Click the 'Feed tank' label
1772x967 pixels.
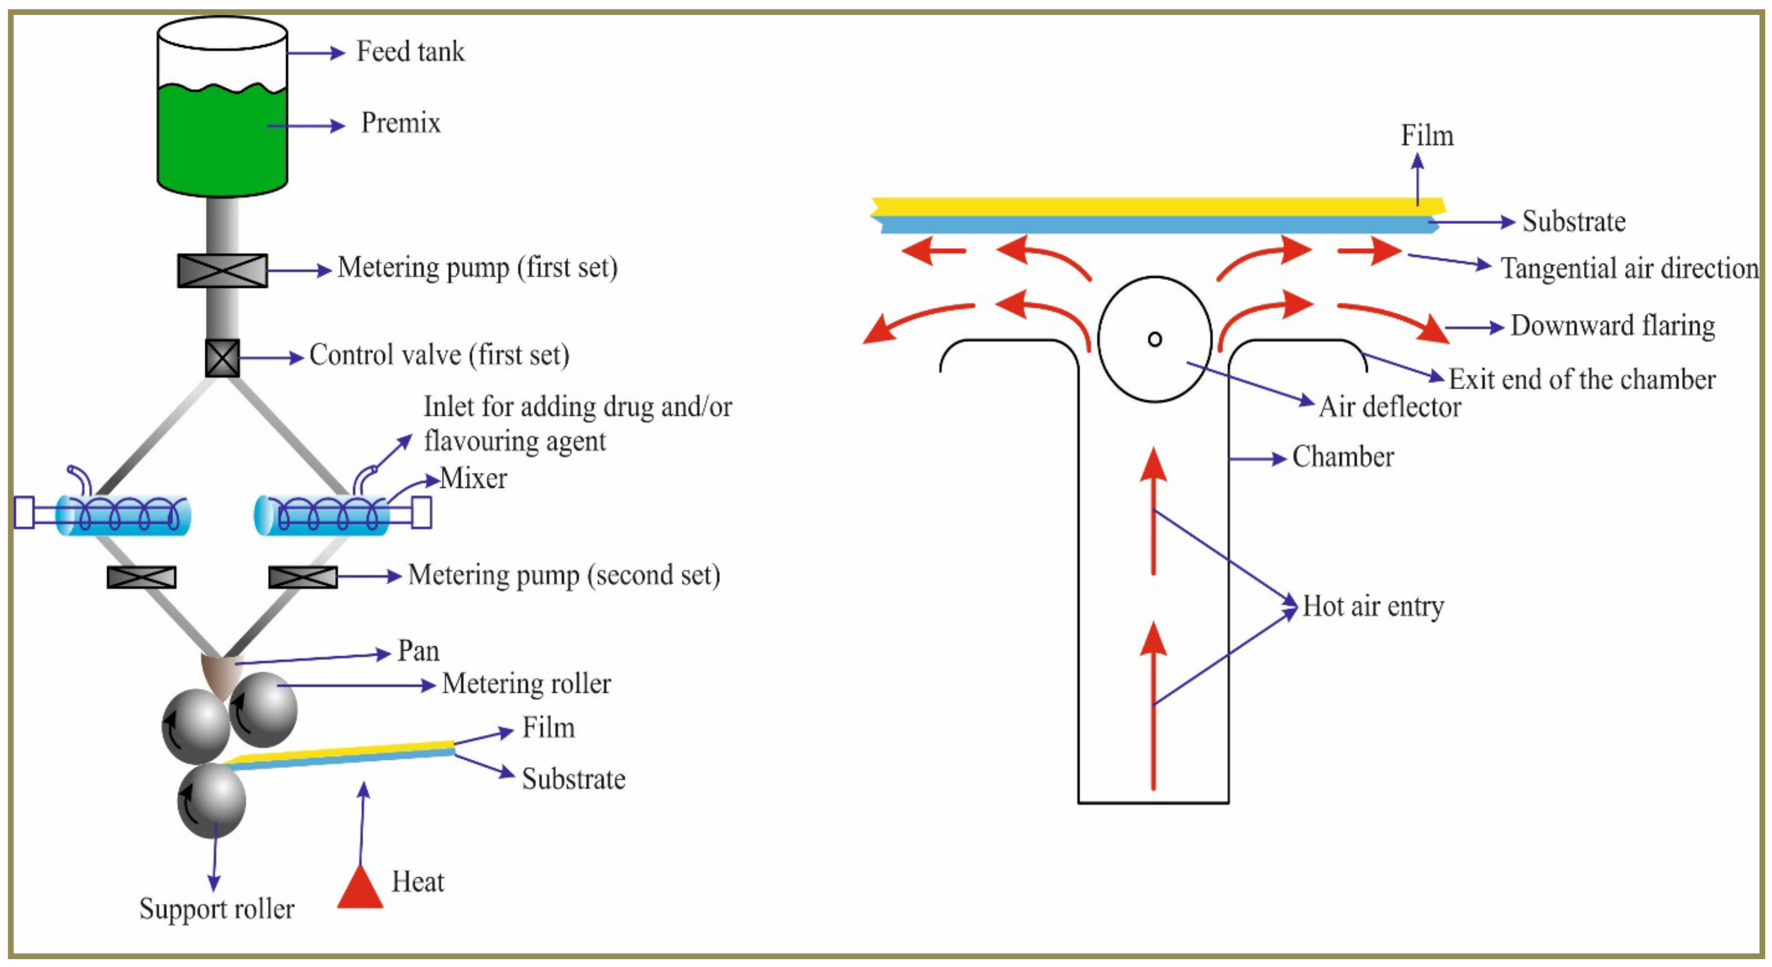pyautogui.click(x=410, y=52)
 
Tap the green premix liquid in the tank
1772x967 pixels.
pyautogui.click(x=221, y=137)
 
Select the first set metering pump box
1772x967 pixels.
pyautogui.click(x=222, y=270)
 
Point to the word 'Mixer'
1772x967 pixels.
pyautogui.click(x=473, y=478)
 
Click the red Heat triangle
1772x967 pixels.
pyautogui.click(x=360, y=889)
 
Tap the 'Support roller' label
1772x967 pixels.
pyautogui.click(x=217, y=909)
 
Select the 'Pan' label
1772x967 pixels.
pyautogui.click(x=418, y=651)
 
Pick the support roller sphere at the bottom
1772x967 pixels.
pyautogui.click(x=211, y=802)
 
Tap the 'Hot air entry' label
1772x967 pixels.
pyautogui.click(x=1373, y=606)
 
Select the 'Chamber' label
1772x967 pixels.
pyautogui.click(x=1343, y=457)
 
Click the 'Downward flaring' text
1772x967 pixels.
pyautogui.click(x=1612, y=326)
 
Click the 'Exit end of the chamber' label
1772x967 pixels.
pyautogui.click(x=1582, y=379)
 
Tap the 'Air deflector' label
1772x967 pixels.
pyautogui.click(x=1389, y=407)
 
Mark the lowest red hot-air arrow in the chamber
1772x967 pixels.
pyautogui.click(x=1154, y=709)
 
